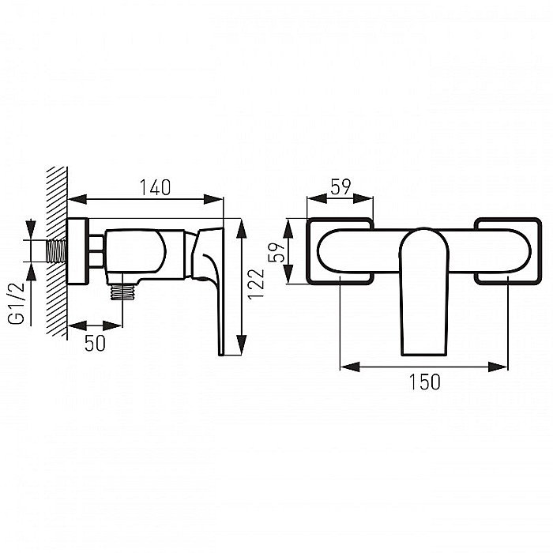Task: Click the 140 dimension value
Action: (x=155, y=187)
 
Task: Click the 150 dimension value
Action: (x=425, y=381)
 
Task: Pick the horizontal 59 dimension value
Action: (x=340, y=187)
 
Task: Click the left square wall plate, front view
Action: (x=339, y=249)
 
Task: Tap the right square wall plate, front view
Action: (x=506, y=249)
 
